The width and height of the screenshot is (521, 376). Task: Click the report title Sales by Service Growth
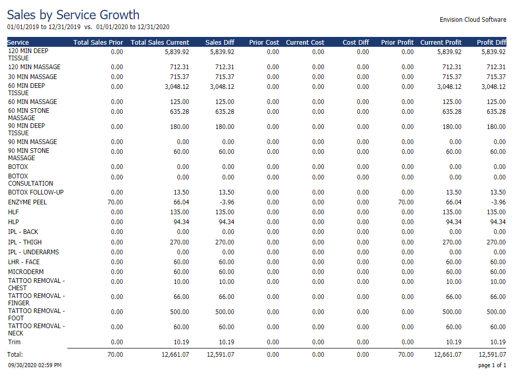tap(73, 15)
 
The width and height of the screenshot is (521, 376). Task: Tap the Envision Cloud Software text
tap(473, 20)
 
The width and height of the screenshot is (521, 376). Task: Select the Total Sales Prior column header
tap(98, 43)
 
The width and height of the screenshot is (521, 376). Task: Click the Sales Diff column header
tap(219, 43)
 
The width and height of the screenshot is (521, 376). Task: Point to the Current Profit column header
tap(441, 43)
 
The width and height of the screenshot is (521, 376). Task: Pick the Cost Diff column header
tap(356, 43)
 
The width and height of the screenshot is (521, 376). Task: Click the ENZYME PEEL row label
tap(27, 202)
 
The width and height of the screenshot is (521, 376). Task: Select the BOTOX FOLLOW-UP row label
tap(36, 192)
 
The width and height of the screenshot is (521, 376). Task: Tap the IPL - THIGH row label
tap(25, 242)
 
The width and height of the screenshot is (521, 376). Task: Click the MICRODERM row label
tap(26, 271)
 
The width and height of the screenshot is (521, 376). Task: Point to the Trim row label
tap(14, 342)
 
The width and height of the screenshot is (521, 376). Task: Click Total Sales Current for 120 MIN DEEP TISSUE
tap(177, 52)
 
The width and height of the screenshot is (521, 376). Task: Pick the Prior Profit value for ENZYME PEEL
tap(406, 202)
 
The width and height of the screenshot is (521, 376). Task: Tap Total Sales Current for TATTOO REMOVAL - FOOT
tap(179, 312)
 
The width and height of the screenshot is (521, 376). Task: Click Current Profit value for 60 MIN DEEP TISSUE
tap(449, 87)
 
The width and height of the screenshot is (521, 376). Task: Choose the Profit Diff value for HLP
tap(498, 222)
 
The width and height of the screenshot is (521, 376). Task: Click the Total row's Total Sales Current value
tap(175, 354)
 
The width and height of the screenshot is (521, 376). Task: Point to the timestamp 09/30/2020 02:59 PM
tap(35, 365)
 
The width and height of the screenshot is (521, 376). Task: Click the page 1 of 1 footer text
tap(492, 365)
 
